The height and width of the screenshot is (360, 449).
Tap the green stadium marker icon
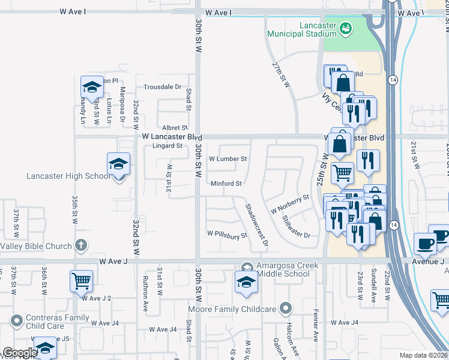(346, 28)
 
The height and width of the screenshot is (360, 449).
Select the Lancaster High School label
(68, 176)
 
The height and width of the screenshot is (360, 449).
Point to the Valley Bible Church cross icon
(80, 245)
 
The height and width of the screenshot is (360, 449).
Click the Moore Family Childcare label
(232, 309)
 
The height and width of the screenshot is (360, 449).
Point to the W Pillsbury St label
(228, 235)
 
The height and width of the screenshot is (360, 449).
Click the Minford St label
(226, 183)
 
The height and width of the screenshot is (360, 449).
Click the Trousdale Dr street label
(162, 87)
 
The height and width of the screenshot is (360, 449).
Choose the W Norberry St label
(289, 204)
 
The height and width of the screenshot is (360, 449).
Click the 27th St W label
(281, 74)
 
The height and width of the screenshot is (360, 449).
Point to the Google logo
(19, 353)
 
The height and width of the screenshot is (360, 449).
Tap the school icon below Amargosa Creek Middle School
(246, 284)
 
